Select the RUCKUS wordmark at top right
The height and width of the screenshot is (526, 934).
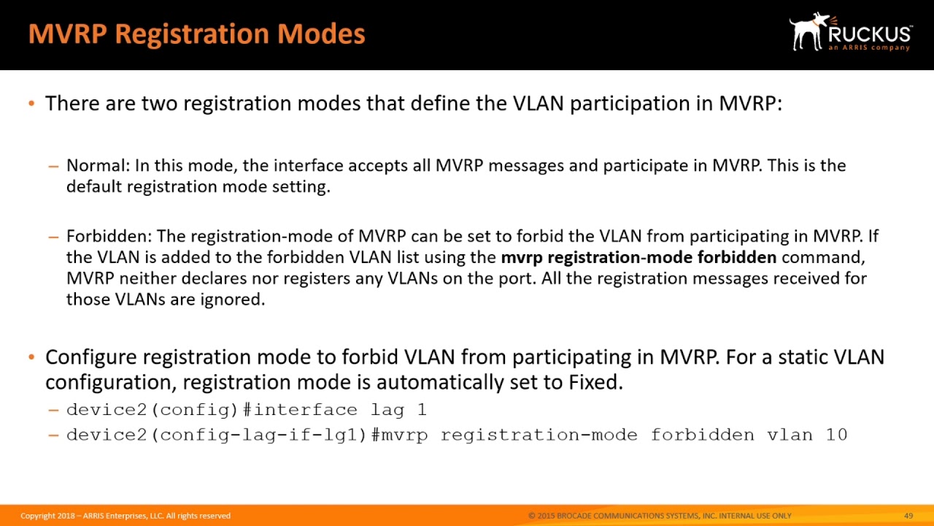[869, 34]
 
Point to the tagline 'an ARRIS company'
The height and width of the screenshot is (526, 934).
[869, 48]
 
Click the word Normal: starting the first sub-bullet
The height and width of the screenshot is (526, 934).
[98, 166]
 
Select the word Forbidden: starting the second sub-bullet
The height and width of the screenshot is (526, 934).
[109, 237]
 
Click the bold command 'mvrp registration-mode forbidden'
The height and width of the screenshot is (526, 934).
[638, 257]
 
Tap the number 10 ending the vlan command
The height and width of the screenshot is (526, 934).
[836, 435]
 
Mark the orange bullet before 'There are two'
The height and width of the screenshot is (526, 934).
[31, 104]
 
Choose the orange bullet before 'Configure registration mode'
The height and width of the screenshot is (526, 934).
[31, 358]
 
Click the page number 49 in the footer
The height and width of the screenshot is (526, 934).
[908, 516]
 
